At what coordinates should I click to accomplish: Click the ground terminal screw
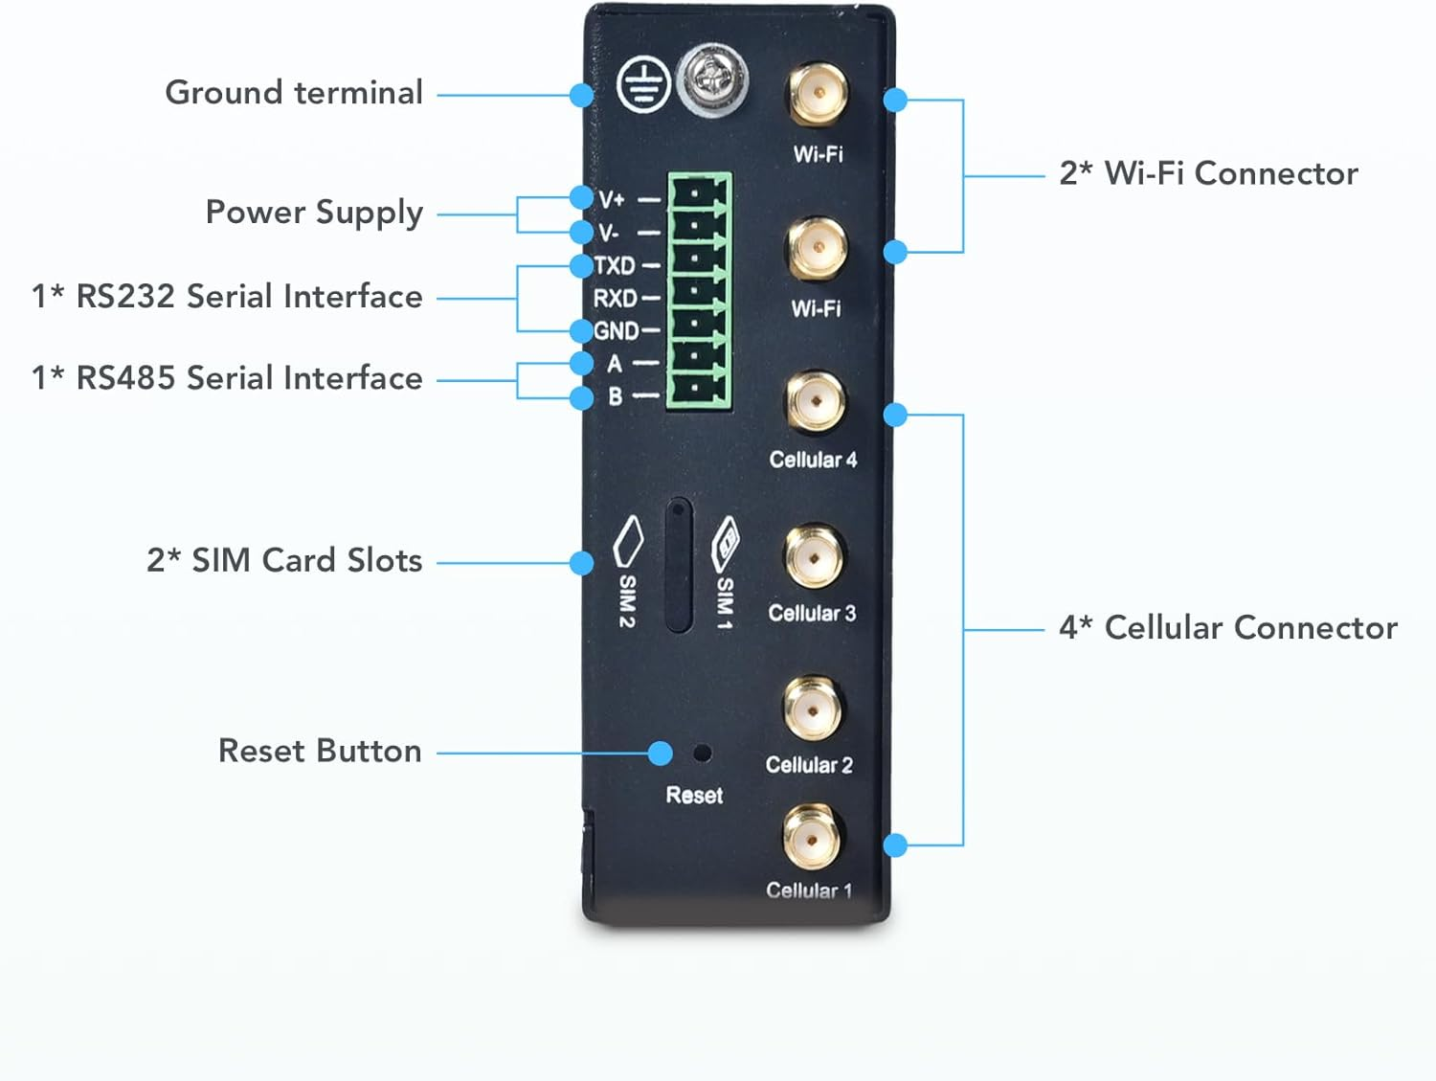(x=712, y=79)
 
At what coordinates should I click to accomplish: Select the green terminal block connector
(x=700, y=291)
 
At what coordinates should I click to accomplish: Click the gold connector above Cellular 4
(x=815, y=402)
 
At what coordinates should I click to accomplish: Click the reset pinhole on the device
(x=702, y=754)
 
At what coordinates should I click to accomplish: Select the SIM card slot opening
(x=679, y=565)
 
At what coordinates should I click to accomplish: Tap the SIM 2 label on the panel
(x=626, y=600)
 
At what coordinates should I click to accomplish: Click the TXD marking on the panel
(x=615, y=265)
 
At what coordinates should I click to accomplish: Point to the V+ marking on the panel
(x=612, y=199)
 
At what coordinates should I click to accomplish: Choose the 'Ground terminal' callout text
(x=294, y=93)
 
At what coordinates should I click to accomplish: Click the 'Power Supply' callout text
(x=314, y=212)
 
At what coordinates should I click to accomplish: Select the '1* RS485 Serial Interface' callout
(x=227, y=378)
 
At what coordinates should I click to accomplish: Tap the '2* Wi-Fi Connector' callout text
(x=1208, y=173)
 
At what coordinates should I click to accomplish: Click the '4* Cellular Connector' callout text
(x=1227, y=628)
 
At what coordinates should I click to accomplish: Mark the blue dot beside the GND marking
(x=581, y=331)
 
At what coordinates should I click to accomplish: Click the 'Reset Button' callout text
(x=320, y=751)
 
